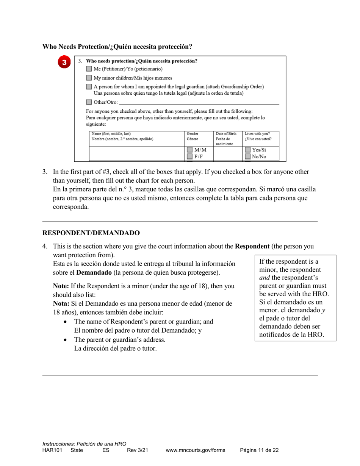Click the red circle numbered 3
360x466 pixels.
tap(64, 62)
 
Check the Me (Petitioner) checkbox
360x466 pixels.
tap(89, 69)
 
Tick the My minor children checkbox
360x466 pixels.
tap(89, 78)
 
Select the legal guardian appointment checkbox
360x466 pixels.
tap(89, 87)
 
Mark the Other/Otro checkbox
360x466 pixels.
tap(89, 102)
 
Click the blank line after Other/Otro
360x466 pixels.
tap(199, 102)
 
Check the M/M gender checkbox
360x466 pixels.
tap(190, 150)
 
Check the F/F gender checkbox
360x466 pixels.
tap(190, 156)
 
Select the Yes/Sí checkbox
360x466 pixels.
tap(248, 150)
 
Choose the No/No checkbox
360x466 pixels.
tap(248, 156)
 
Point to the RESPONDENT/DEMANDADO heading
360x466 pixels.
tap(91, 233)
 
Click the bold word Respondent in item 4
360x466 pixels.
tap(252, 246)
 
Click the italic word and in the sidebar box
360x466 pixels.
tap(265, 278)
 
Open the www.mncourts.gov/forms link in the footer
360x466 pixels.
tap(195, 450)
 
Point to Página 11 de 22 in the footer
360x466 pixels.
tap(260, 450)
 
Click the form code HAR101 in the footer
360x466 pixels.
tap(52, 450)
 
